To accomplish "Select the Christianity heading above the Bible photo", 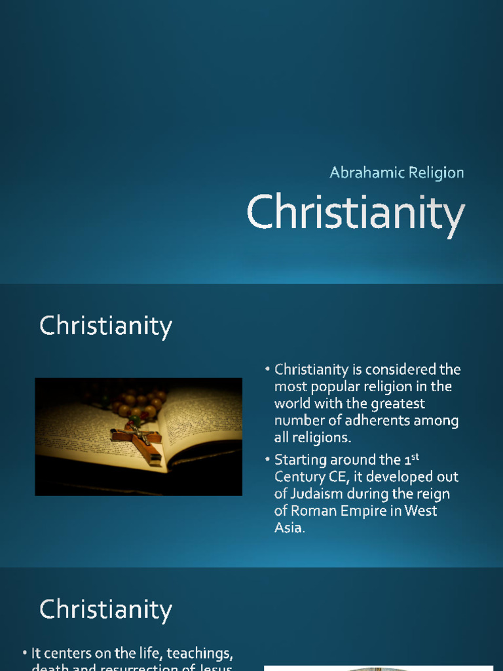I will click(x=105, y=326).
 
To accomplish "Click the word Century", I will click(x=301, y=476).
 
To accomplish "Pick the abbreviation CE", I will click(x=341, y=476).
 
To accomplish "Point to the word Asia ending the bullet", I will click(x=288, y=527).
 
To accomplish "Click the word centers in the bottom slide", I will click(x=65, y=654).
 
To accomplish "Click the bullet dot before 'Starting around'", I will click(x=269, y=460).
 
